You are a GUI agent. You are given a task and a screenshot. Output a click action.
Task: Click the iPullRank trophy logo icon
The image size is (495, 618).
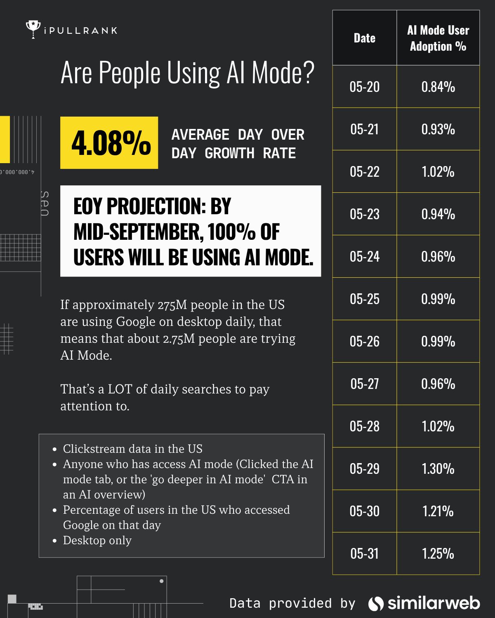pos(33,29)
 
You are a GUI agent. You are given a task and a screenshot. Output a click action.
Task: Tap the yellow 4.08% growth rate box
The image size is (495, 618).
pos(109,143)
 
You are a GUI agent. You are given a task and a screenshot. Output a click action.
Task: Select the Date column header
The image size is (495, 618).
pos(364,38)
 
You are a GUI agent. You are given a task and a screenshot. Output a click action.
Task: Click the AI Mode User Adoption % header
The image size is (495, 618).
pos(438,38)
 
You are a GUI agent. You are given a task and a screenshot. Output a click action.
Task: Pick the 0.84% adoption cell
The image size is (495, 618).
pos(438,87)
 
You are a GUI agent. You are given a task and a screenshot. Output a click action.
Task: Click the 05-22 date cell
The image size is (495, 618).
pos(364,172)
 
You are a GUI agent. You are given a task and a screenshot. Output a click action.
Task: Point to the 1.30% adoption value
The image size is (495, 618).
pos(438,469)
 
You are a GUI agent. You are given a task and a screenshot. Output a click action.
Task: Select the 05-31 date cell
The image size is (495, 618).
pos(364,554)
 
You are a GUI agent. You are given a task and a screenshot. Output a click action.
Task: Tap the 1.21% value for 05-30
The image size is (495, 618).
pos(438,511)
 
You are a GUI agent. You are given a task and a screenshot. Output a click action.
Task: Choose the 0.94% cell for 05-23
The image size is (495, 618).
pos(438,214)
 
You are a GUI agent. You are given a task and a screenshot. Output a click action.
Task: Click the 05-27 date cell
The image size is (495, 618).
pos(364,384)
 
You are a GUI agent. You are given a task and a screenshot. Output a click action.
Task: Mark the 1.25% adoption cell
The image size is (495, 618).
pos(438,554)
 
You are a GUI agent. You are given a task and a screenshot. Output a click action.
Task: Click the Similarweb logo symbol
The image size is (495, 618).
pos(376,604)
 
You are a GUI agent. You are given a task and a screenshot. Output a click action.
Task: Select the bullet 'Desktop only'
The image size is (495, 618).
pos(97,541)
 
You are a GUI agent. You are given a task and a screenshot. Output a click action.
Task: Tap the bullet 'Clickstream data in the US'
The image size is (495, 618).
pos(132,449)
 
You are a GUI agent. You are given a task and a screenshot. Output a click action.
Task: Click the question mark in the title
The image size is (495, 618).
pos(308,73)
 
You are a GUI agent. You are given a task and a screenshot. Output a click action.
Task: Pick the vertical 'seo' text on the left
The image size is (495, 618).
pos(45,204)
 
